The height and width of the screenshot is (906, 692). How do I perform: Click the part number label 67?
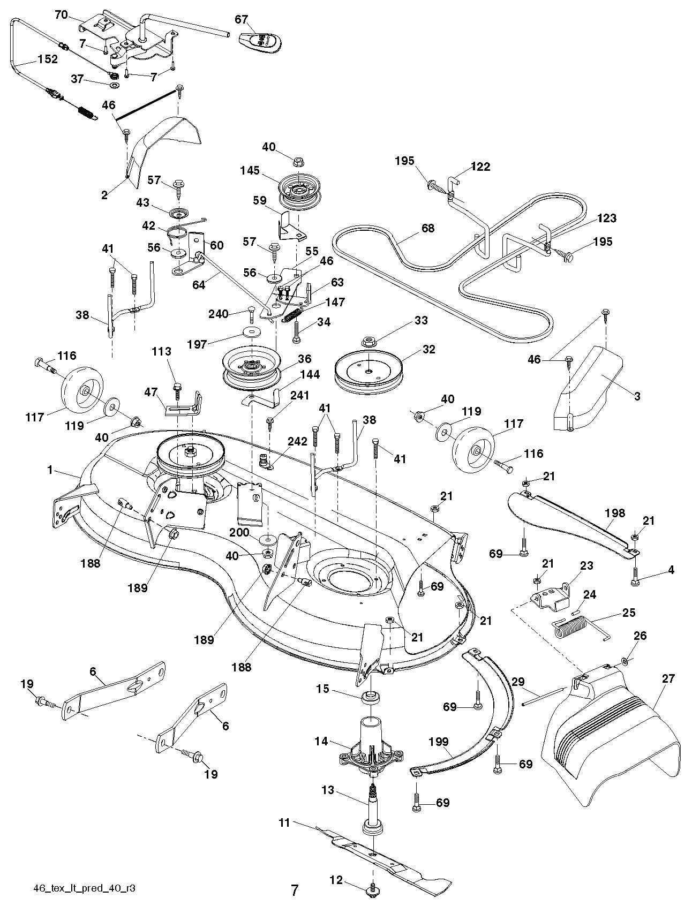(x=242, y=19)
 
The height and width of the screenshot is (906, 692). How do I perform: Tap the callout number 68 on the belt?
(x=428, y=228)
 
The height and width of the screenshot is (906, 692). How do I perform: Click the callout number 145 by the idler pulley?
(x=250, y=170)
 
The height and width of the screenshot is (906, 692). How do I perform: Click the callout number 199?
(x=438, y=742)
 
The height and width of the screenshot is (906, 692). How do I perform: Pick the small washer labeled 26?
(x=625, y=662)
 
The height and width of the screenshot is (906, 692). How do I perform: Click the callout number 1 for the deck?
(x=50, y=470)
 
